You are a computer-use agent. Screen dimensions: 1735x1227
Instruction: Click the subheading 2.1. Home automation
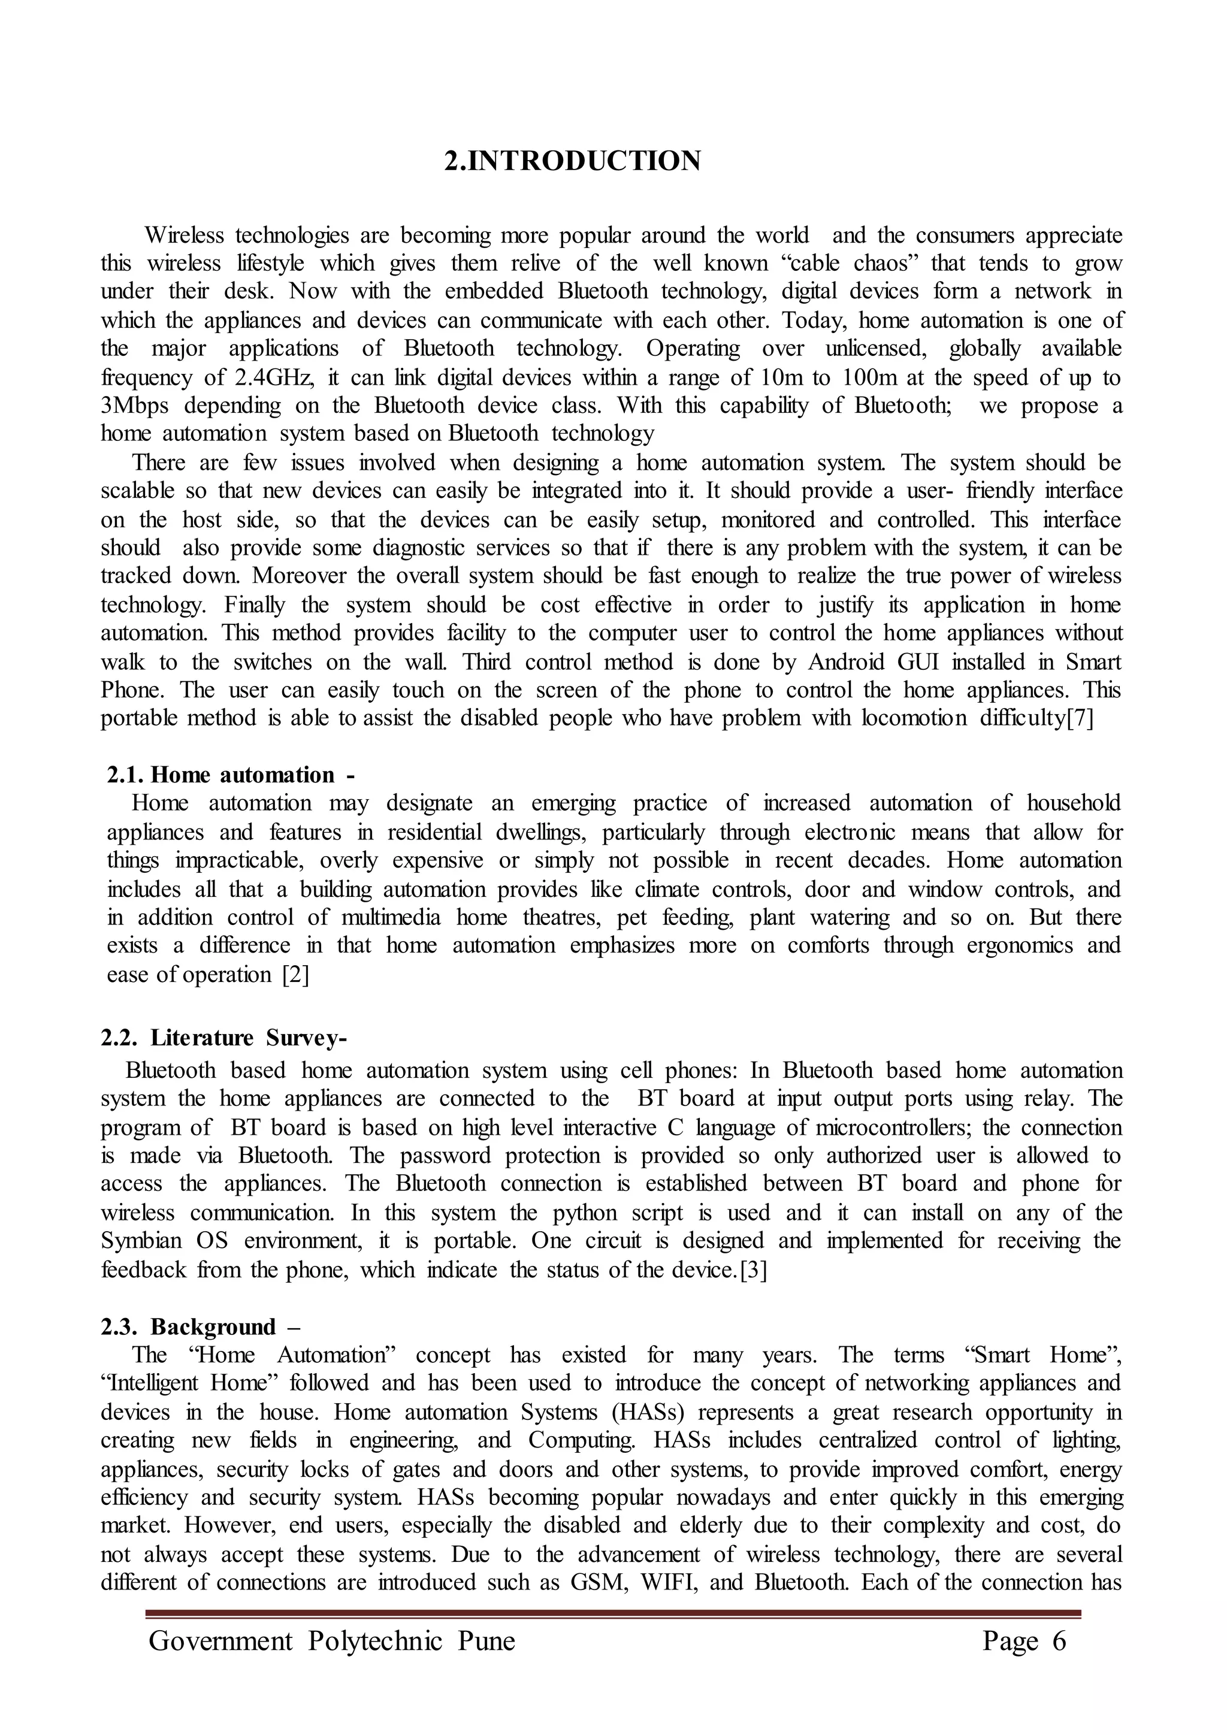tap(229, 775)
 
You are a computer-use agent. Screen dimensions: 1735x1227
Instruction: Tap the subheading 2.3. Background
tap(200, 1327)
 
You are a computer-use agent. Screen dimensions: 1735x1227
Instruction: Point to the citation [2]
tap(295, 975)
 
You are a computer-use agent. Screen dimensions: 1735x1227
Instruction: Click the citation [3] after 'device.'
tap(753, 1269)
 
